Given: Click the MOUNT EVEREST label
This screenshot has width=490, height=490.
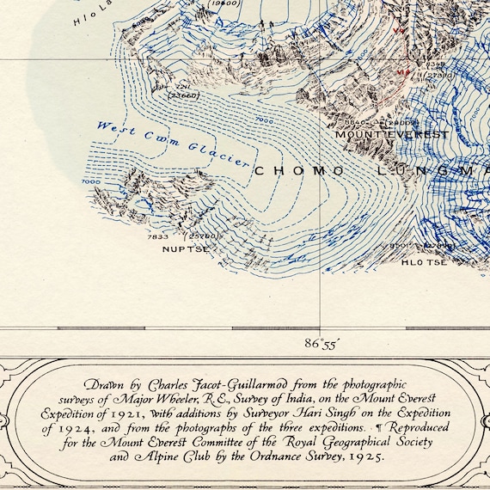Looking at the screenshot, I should coord(391,135).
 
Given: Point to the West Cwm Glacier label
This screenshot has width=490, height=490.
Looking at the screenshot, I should coord(172,144).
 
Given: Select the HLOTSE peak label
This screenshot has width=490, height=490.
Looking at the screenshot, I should coord(424,262).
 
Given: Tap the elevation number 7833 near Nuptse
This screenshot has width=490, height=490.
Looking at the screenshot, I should coord(158,236).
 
